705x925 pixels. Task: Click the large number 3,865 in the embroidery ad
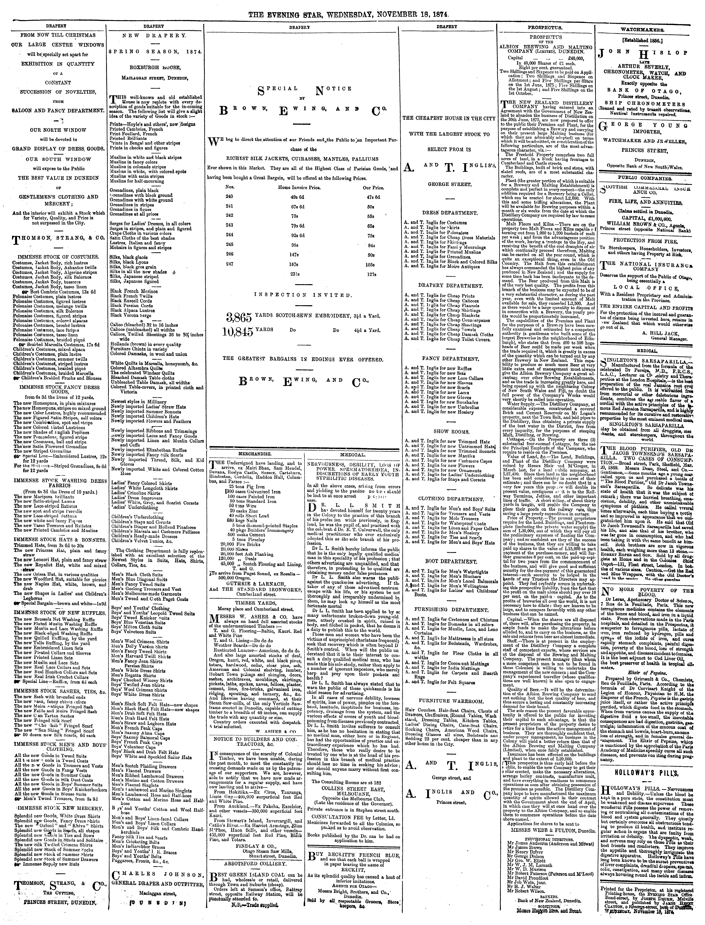point(238,317)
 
